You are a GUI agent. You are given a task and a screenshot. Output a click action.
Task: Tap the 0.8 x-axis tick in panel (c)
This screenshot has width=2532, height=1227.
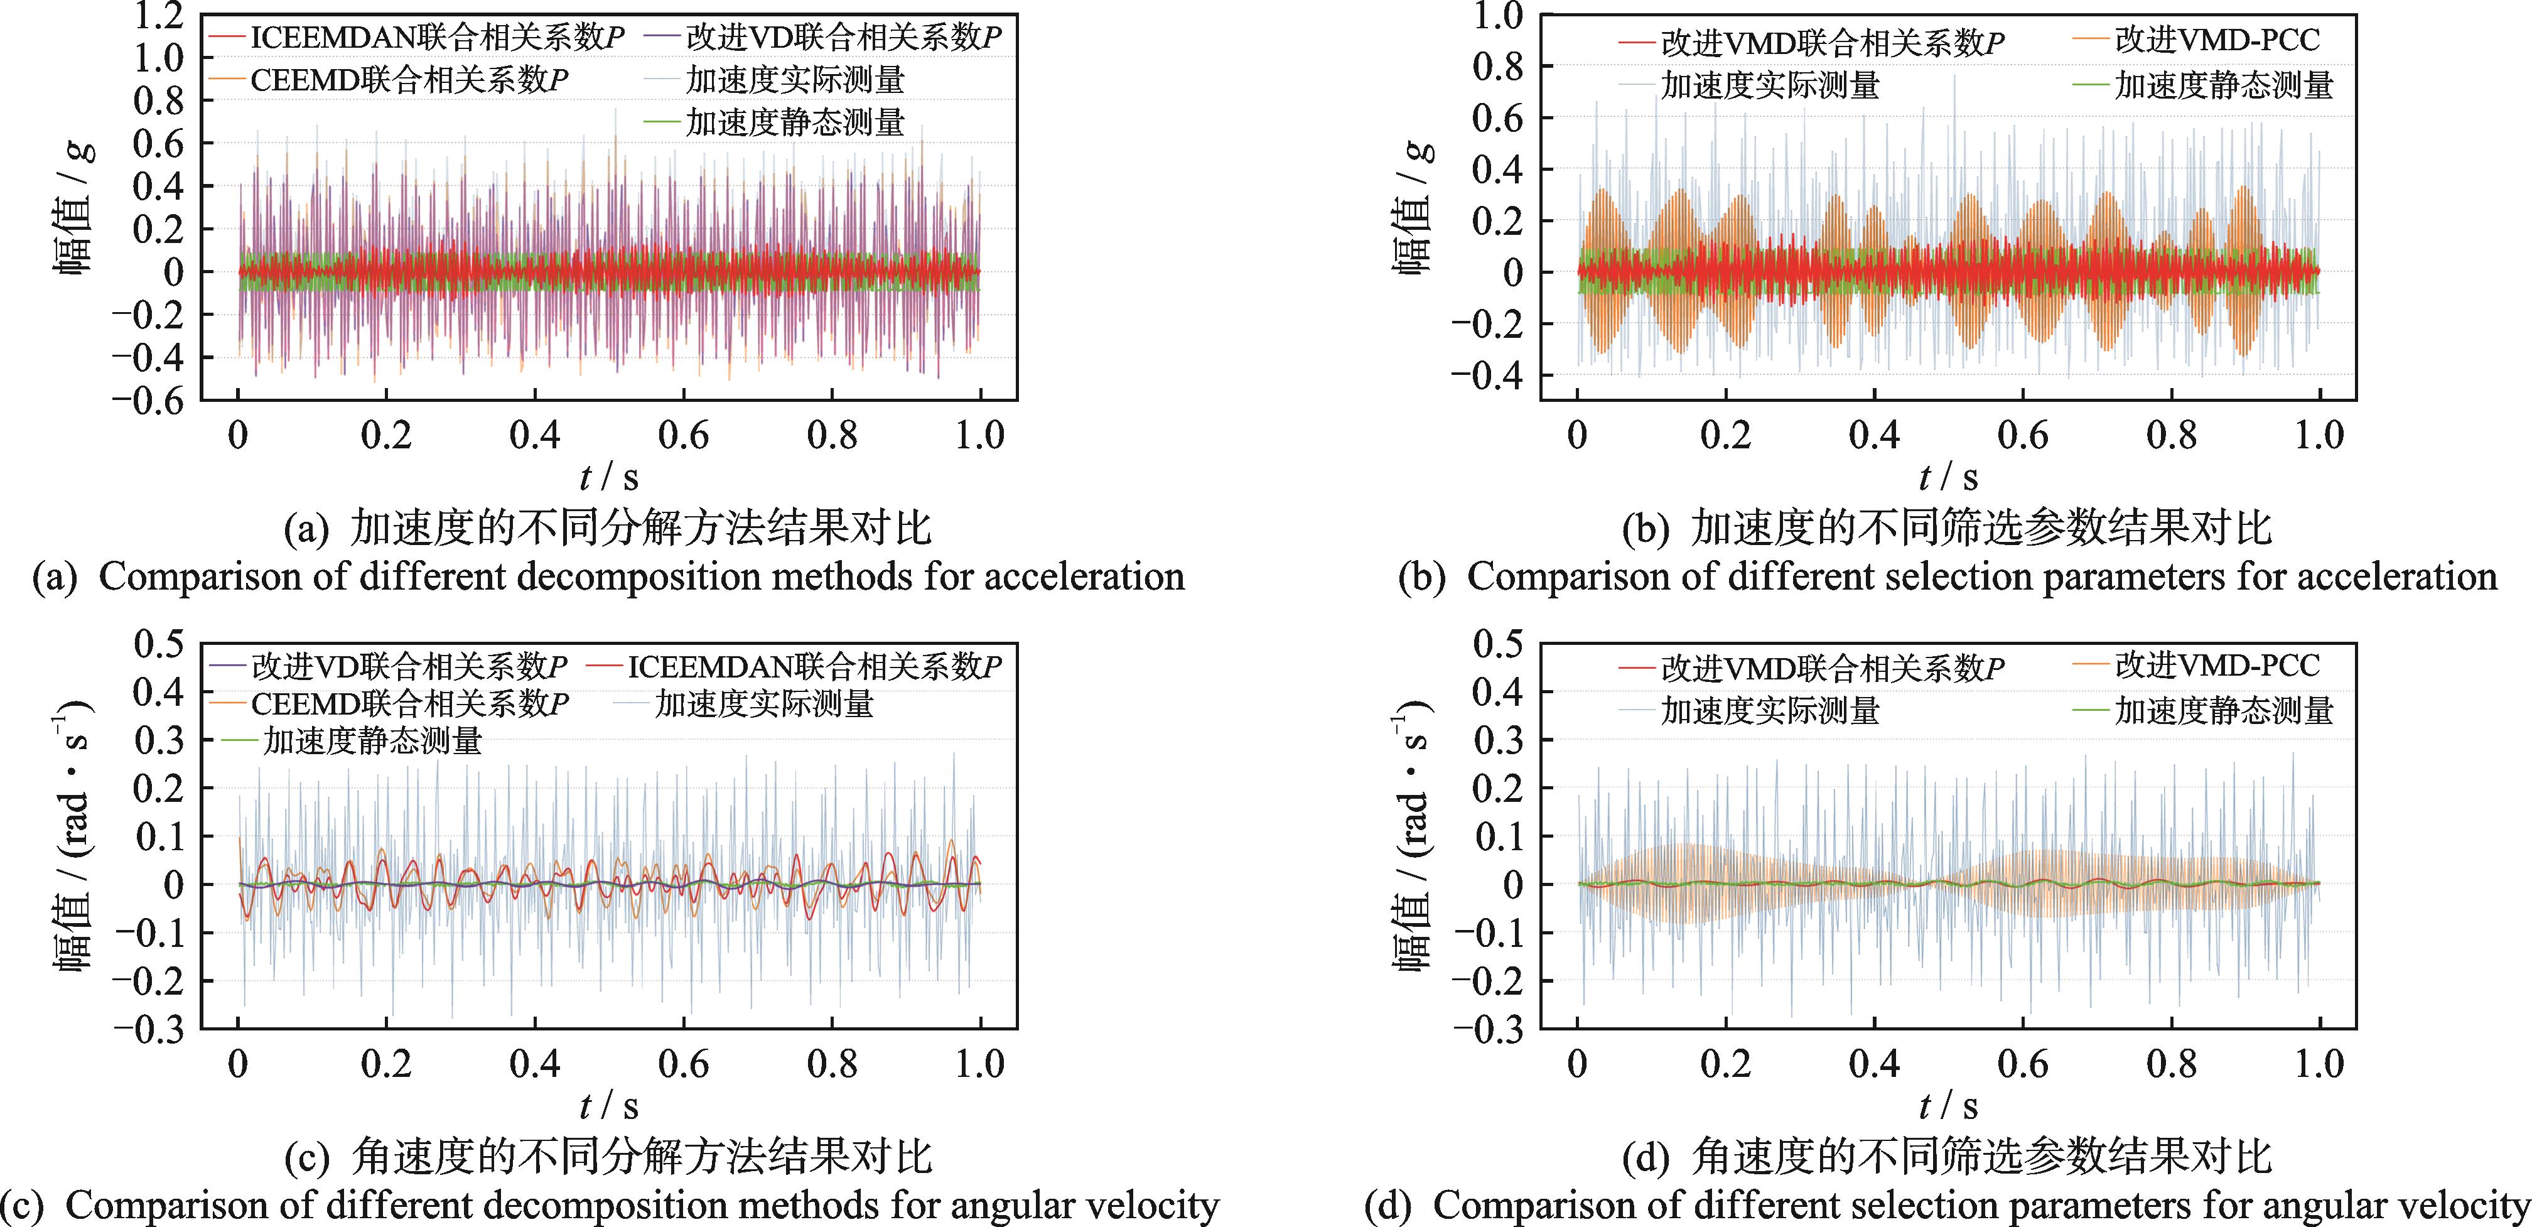[x=832, y=1064]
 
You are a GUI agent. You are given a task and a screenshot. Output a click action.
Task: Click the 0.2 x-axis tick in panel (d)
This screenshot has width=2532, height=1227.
[x=1726, y=1064]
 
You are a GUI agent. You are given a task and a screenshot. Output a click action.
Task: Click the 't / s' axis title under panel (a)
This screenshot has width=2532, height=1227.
[x=608, y=478]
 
